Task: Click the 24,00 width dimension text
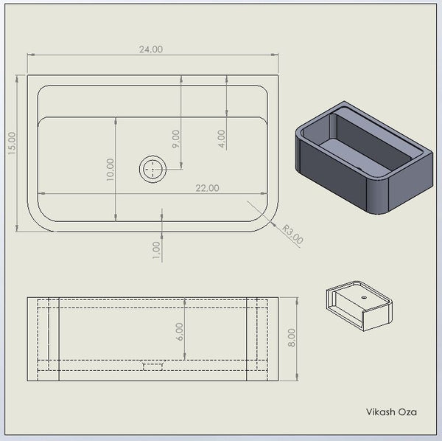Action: (151, 49)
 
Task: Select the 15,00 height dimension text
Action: (12, 143)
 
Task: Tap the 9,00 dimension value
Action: (175, 139)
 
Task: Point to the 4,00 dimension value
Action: (222, 139)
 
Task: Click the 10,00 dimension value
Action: (110, 170)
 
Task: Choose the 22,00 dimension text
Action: (207, 188)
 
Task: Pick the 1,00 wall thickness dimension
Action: (156, 250)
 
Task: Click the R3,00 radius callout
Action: (292, 234)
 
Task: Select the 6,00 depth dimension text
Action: (179, 332)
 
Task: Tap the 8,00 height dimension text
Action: (292, 338)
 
